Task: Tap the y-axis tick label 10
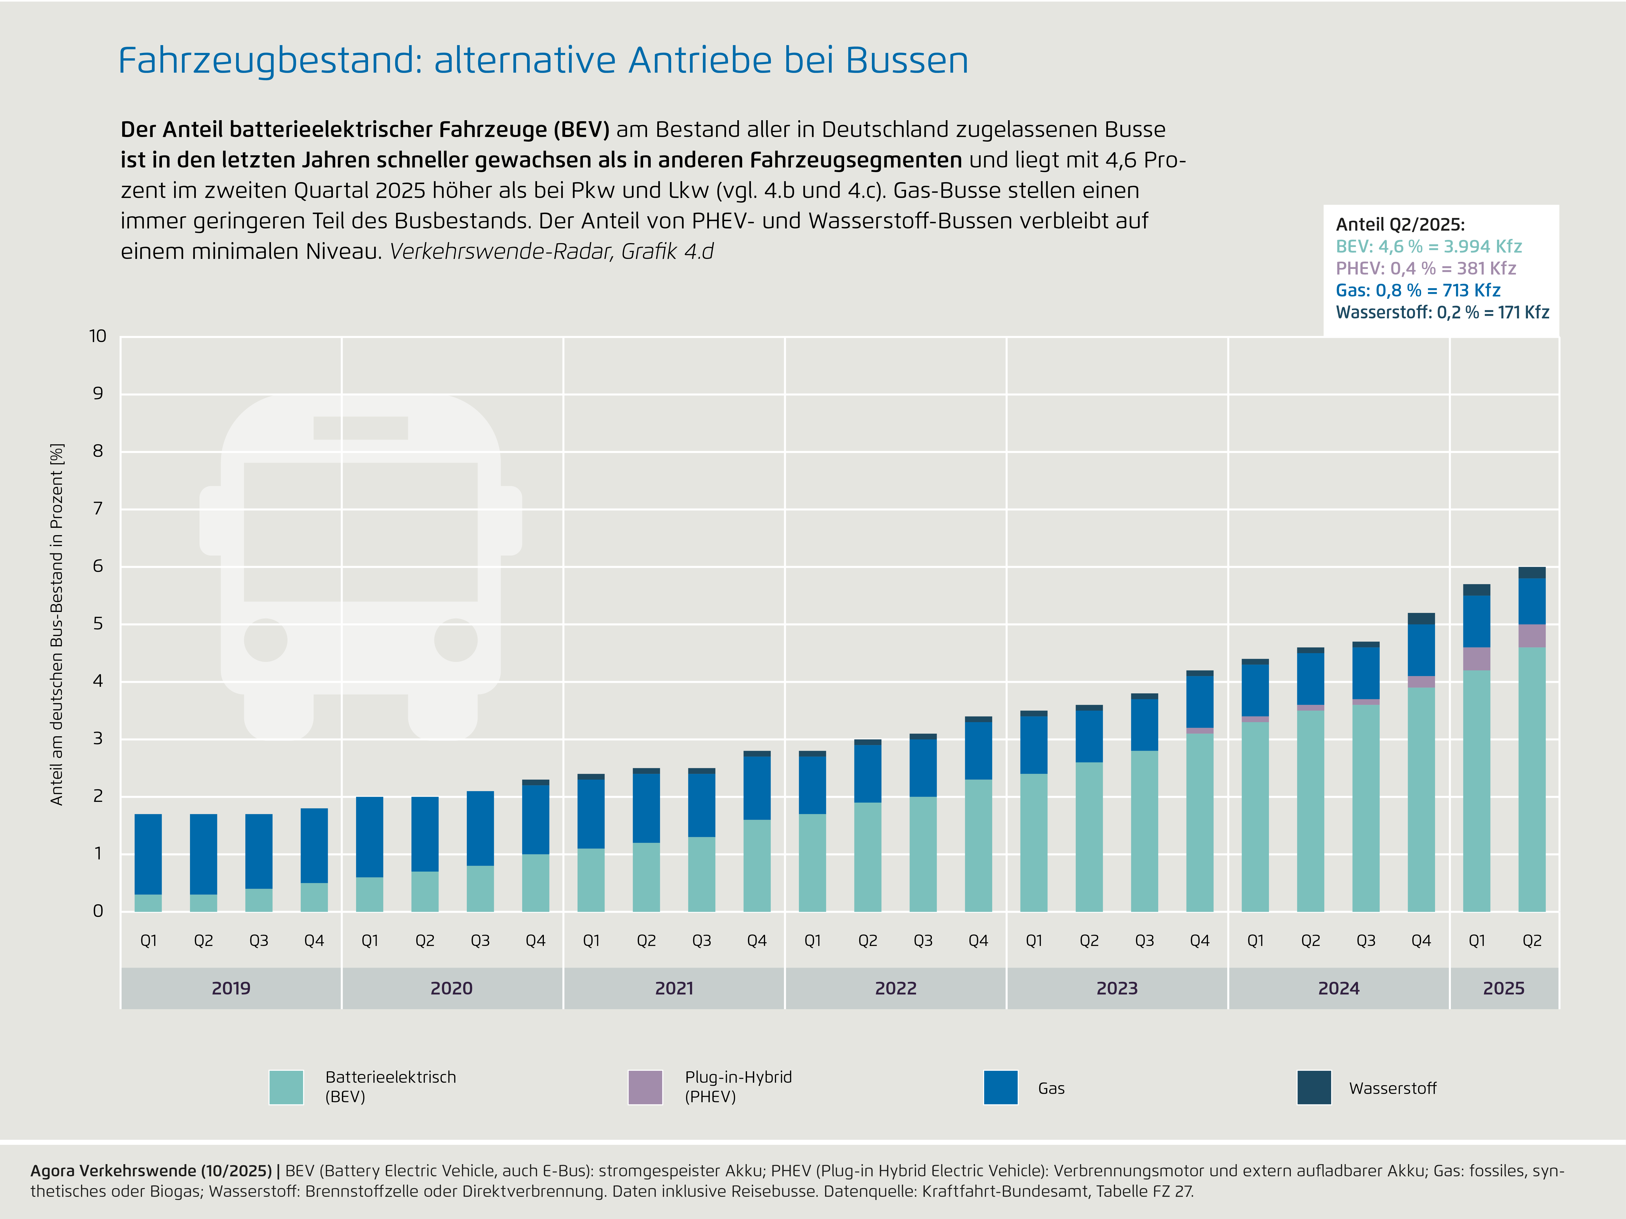(x=98, y=336)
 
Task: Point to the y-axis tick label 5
(x=98, y=624)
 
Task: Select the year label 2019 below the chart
(x=231, y=988)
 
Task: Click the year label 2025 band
(x=1503, y=988)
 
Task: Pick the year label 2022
(x=895, y=988)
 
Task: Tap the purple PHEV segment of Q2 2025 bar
(x=1532, y=636)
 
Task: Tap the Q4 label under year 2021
(x=756, y=941)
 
